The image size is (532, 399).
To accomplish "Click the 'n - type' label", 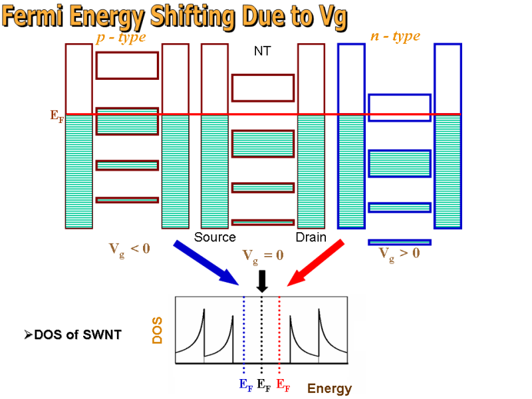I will [395, 37].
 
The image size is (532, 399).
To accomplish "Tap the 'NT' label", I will [262, 51].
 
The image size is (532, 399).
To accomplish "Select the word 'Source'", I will [215, 237].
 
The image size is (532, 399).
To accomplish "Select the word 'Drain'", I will [311, 237].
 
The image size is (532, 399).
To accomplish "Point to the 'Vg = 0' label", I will [263, 255].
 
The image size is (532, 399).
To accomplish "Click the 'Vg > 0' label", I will [399, 253].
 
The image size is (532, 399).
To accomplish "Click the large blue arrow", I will [206, 263].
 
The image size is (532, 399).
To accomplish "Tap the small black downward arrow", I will [262, 281].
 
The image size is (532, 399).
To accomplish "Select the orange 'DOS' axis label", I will [158, 330].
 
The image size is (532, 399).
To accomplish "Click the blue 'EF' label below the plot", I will [245, 384].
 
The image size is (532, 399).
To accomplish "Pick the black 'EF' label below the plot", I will [264, 384].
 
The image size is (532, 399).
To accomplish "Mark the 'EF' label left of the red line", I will [57, 115].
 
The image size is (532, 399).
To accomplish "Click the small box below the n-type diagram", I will [400, 242].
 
